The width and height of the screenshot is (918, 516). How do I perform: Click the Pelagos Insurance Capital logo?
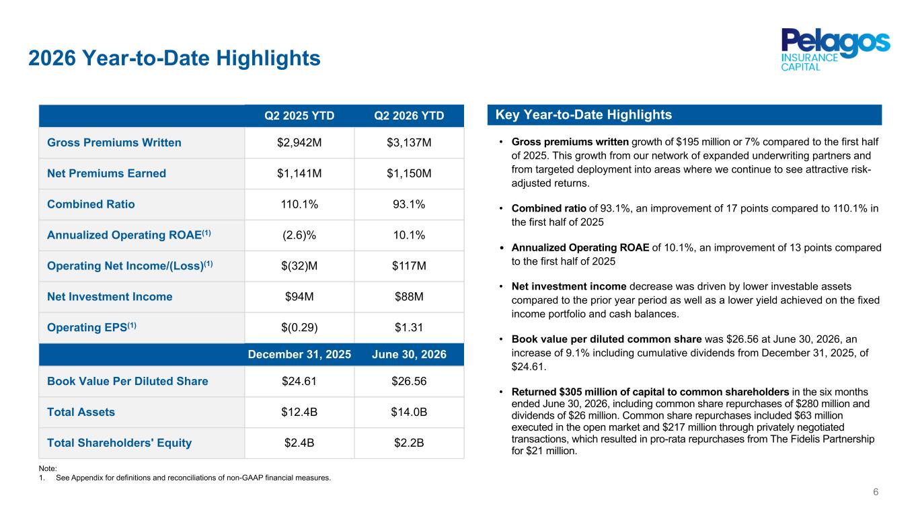(835, 50)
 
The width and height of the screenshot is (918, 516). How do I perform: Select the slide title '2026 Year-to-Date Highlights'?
(174, 58)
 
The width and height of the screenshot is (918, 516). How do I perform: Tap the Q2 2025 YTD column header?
(299, 116)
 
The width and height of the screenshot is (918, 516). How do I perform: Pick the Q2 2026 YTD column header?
(409, 116)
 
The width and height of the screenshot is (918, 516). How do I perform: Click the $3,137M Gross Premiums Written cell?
(409, 142)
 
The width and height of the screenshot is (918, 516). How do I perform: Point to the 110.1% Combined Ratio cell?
(299, 204)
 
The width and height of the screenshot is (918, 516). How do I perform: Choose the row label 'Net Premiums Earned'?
(106, 173)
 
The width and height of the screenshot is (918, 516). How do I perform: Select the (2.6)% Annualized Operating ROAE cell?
(299, 235)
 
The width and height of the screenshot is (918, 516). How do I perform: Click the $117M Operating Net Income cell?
(409, 266)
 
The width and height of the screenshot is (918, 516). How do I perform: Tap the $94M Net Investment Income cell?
(299, 296)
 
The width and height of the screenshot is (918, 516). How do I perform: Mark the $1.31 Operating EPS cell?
(409, 327)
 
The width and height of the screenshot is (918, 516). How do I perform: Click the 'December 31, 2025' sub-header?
(299, 354)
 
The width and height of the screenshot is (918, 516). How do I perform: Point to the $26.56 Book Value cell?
(409, 381)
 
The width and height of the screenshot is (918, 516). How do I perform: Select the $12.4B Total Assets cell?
(299, 412)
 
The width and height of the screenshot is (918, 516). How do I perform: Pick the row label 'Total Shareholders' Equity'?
(119, 443)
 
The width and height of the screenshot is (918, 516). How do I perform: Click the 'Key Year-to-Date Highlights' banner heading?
(584, 115)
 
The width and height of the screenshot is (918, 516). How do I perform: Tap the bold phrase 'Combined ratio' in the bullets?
(549, 208)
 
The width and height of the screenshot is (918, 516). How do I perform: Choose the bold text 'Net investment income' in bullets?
(569, 286)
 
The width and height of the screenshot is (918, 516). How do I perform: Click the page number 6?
(876, 492)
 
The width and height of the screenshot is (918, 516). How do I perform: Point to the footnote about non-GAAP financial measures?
(185, 478)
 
